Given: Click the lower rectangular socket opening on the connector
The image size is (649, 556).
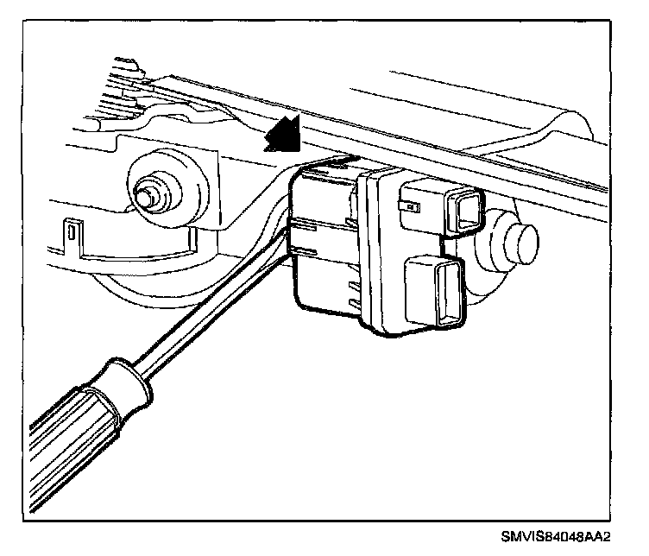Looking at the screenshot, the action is (x=446, y=293).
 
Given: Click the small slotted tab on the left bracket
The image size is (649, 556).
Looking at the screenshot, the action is (x=71, y=233).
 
